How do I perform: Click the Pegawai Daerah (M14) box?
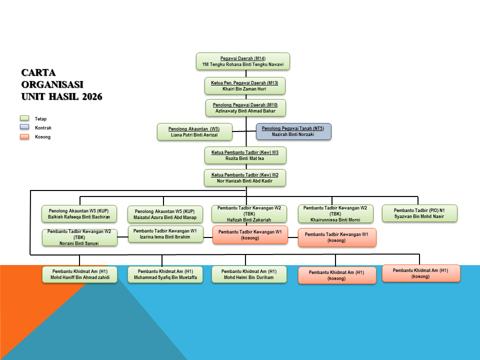pyautogui.click(x=243, y=61)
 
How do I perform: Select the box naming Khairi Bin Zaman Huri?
pyautogui.click(x=245, y=85)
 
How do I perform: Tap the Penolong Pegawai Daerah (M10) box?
pyautogui.click(x=245, y=108)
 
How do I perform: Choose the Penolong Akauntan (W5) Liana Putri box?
pyautogui.click(x=194, y=131)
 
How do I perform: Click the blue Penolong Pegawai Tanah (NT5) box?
pyautogui.click(x=293, y=131)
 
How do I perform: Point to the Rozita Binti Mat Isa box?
pyautogui.click(x=245, y=155)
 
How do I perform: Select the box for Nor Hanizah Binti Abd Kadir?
pyautogui.click(x=245, y=178)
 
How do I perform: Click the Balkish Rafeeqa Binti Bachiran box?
pyautogui.click(x=79, y=213)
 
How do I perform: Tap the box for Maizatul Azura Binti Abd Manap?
pyautogui.click(x=165, y=214)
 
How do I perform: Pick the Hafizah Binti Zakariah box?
pyautogui.click(x=249, y=213)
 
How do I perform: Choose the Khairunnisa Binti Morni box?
pyautogui.click(x=335, y=213)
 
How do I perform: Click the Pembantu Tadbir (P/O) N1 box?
pyautogui.click(x=419, y=213)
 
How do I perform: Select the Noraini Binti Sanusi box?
pyautogui.click(x=79, y=237)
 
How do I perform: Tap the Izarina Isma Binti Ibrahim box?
pyautogui.click(x=165, y=234)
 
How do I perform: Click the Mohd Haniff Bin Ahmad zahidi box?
pyautogui.click(x=80, y=274)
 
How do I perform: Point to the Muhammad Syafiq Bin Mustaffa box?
pyautogui.click(x=165, y=274)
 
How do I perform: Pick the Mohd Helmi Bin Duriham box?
pyautogui.click(x=249, y=274)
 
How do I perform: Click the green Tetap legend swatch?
pyautogui.click(x=24, y=118)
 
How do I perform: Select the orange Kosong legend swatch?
pyautogui.click(x=24, y=136)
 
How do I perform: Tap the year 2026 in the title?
pyautogui.click(x=90, y=96)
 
